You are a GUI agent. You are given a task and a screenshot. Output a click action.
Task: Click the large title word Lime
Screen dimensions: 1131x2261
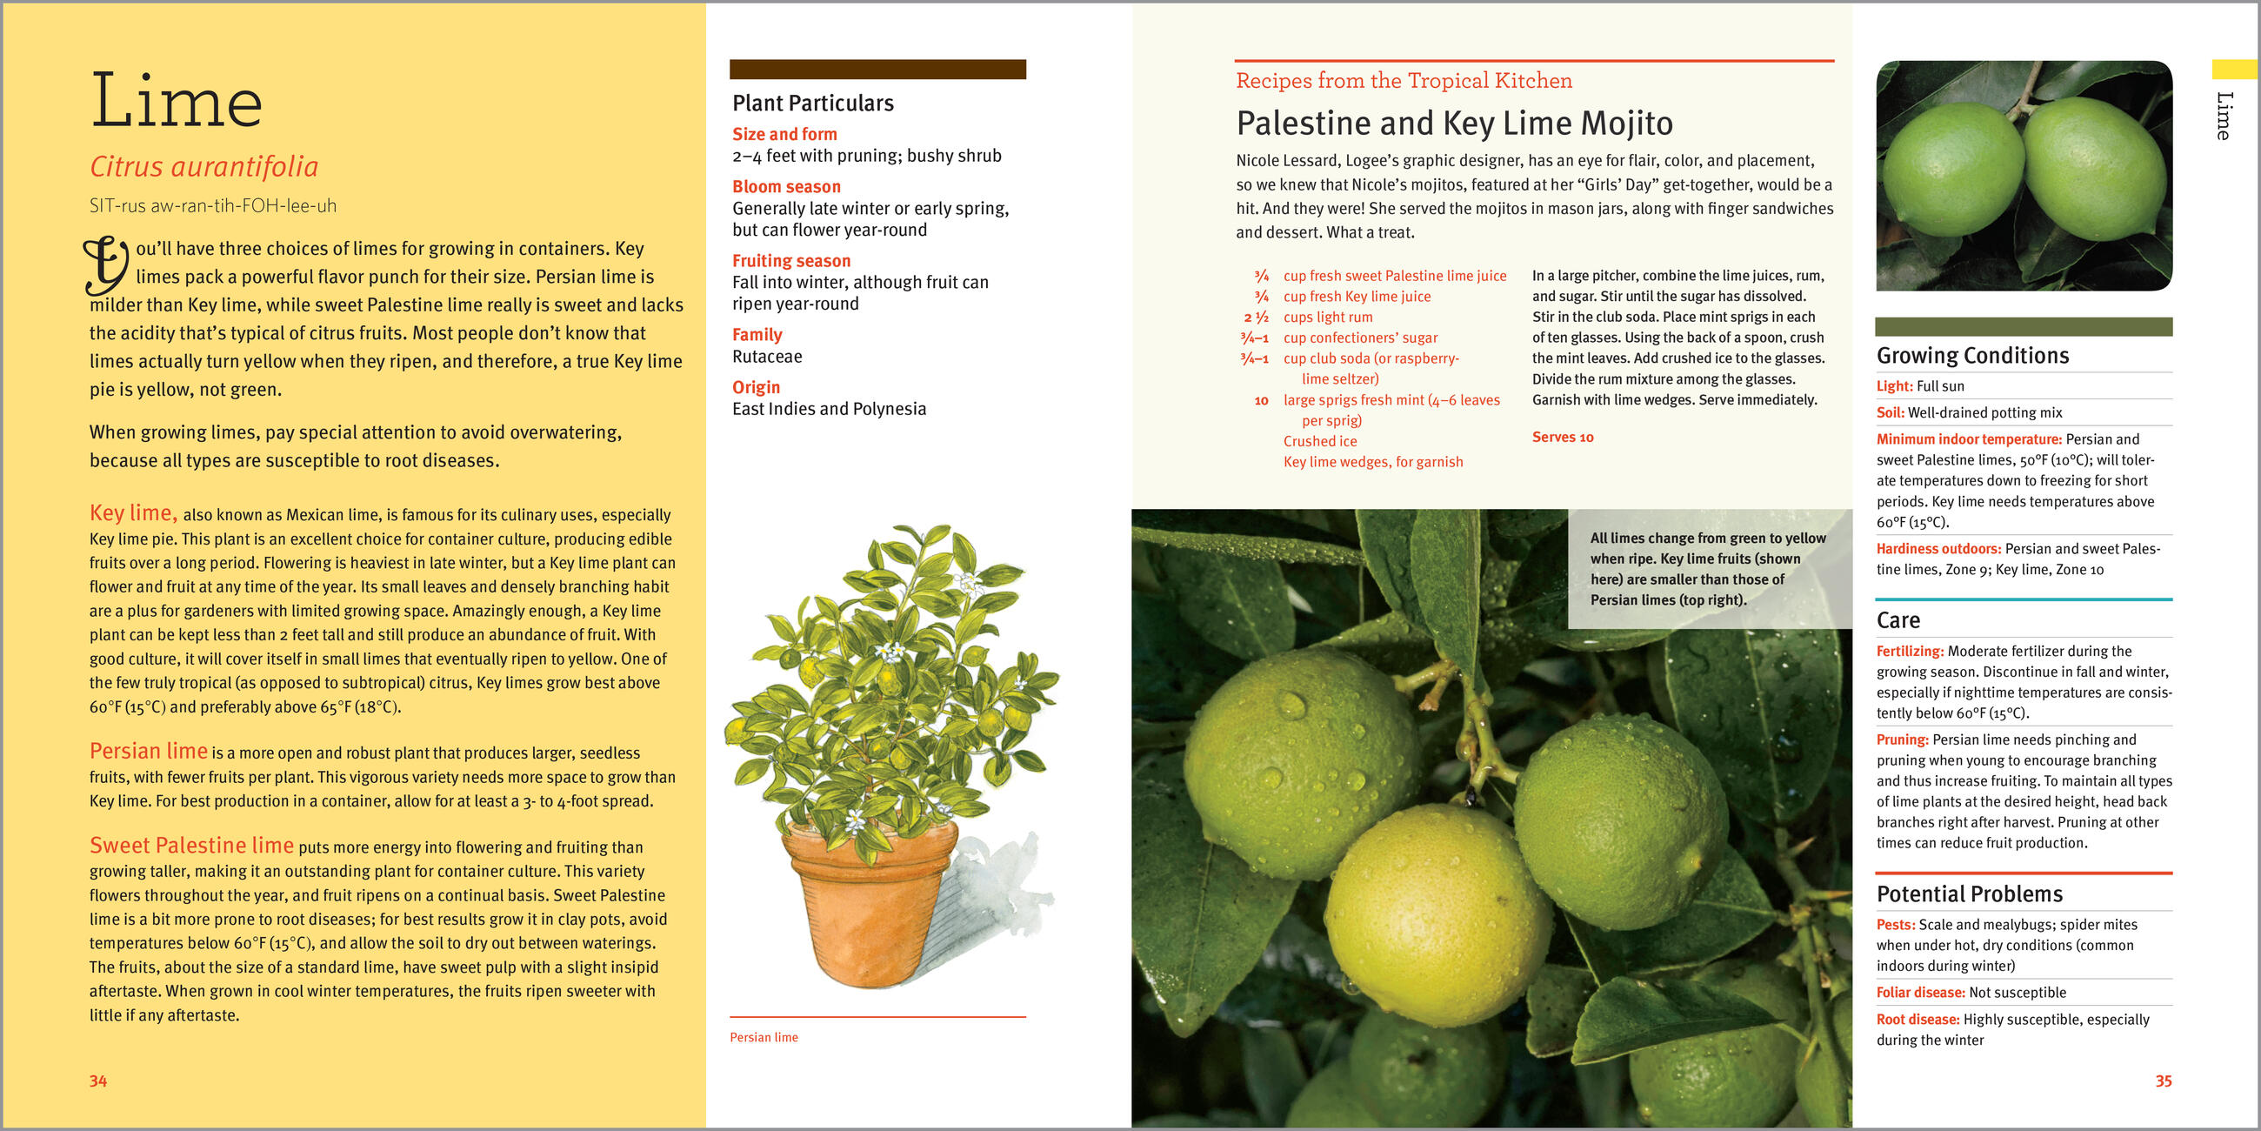tap(177, 101)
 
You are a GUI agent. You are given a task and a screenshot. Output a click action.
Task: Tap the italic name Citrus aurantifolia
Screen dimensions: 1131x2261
tap(203, 167)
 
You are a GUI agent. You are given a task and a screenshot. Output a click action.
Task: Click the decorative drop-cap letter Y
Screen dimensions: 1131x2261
tap(106, 264)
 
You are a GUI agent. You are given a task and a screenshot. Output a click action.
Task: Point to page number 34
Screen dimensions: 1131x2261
tap(97, 1081)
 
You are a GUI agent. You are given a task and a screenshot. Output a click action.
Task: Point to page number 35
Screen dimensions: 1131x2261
tap(2164, 1081)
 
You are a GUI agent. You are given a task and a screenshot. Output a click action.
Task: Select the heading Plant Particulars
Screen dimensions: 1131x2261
tap(813, 104)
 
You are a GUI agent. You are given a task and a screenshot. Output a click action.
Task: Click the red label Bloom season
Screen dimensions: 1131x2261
tap(786, 187)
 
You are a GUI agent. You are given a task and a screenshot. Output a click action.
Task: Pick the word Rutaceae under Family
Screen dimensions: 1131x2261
tap(767, 357)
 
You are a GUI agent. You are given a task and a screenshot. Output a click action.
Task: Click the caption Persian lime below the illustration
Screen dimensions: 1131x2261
tap(764, 1037)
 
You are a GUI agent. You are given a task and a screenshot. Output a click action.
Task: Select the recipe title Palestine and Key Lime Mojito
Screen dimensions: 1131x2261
tap(1454, 124)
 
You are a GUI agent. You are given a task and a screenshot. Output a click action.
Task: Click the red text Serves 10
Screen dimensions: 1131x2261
tap(1563, 438)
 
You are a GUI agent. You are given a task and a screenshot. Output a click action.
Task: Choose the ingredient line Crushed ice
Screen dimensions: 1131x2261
tap(1320, 442)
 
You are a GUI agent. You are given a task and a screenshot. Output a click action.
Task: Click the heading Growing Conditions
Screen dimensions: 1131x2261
tap(1972, 356)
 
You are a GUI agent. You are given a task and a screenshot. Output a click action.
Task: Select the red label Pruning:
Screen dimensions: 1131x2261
tap(1902, 740)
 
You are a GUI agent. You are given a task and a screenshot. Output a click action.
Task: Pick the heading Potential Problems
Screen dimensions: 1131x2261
tap(1970, 893)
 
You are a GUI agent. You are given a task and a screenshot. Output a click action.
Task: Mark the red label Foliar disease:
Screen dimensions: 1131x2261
tap(1920, 994)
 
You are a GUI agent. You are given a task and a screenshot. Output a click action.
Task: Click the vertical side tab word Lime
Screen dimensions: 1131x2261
tap(2224, 115)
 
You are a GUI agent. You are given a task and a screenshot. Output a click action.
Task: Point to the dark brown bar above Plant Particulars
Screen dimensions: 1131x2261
tap(877, 70)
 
